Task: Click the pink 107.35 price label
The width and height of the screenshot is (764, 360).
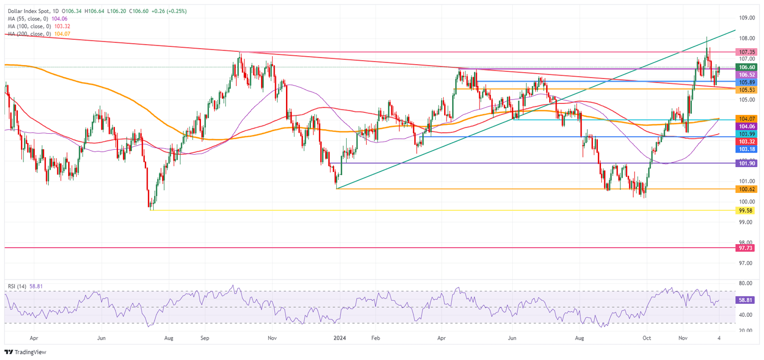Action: (x=747, y=52)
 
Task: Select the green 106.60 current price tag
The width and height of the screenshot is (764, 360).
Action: (x=747, y=67)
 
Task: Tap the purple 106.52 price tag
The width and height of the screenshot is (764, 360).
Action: (x=747, y=75)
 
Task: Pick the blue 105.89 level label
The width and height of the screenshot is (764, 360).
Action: (x=747, y=82)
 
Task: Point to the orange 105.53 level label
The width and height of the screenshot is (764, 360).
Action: (x=747, y=90)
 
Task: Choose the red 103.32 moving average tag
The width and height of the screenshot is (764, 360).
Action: (x=747, y=142)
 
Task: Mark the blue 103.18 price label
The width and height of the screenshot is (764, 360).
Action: (x=747, y=149)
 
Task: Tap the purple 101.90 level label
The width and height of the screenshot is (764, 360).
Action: (x=747, y=163)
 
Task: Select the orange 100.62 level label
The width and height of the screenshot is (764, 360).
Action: (x=747, y=189)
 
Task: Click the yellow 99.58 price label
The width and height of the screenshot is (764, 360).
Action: (x=747, y=210)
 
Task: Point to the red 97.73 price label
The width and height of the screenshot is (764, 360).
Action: (x=747, y=247)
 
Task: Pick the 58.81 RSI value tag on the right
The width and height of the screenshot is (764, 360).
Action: (x=747, y=300)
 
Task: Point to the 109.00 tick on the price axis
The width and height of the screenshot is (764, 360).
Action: (x=747, y=18)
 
